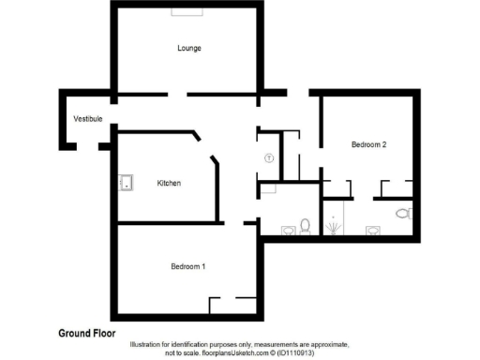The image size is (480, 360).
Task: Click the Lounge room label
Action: tap(190, 48)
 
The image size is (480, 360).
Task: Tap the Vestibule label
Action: tap(88, 119)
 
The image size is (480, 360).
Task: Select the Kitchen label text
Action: tap(169, 183)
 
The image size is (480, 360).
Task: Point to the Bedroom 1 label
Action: tap(187, 266)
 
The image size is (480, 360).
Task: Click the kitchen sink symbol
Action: tap(124, 183)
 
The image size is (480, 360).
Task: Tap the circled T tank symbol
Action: tap(270, 159)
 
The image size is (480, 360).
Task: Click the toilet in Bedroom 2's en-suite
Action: tap(403, 214)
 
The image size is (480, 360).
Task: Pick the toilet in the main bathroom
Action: tap(305, 226)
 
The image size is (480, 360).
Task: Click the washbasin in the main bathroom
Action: tap(284, 228)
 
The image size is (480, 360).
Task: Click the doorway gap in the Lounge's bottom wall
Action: tap(177, 94)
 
